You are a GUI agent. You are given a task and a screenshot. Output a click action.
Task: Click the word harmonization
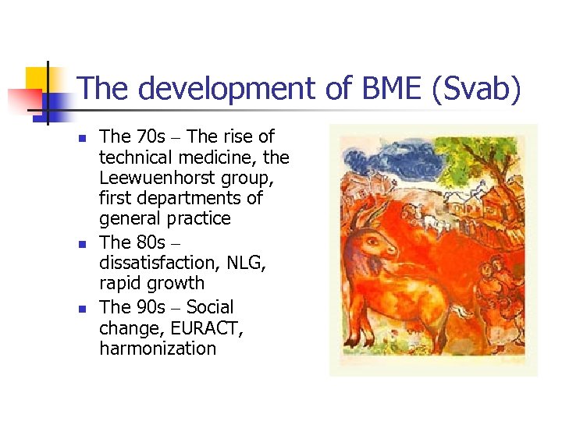(158, 348)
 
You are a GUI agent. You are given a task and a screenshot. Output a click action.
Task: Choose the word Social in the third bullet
(210, 306)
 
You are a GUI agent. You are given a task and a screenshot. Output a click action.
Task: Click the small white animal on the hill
(434, 221)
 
